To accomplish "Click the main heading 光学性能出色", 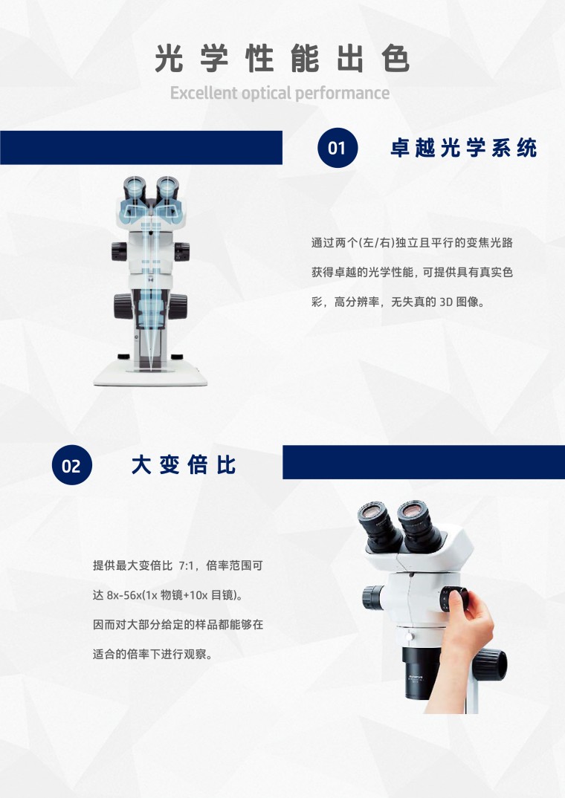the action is (x=282, y=59).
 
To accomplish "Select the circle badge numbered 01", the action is (x=337, y=148).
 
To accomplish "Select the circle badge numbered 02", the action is (x=72, y=465).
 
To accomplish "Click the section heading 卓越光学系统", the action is (x=464, y=148).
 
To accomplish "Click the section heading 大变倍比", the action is (x=184, y=465).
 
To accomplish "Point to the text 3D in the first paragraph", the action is (x=445, y=302).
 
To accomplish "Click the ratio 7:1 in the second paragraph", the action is (x=186, y=565).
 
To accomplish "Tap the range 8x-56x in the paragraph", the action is (x=124, y=595).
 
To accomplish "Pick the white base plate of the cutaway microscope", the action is (x=150, y=375).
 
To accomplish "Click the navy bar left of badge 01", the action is (x=141, y=148).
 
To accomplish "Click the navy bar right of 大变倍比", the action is (x=424, y=462).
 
